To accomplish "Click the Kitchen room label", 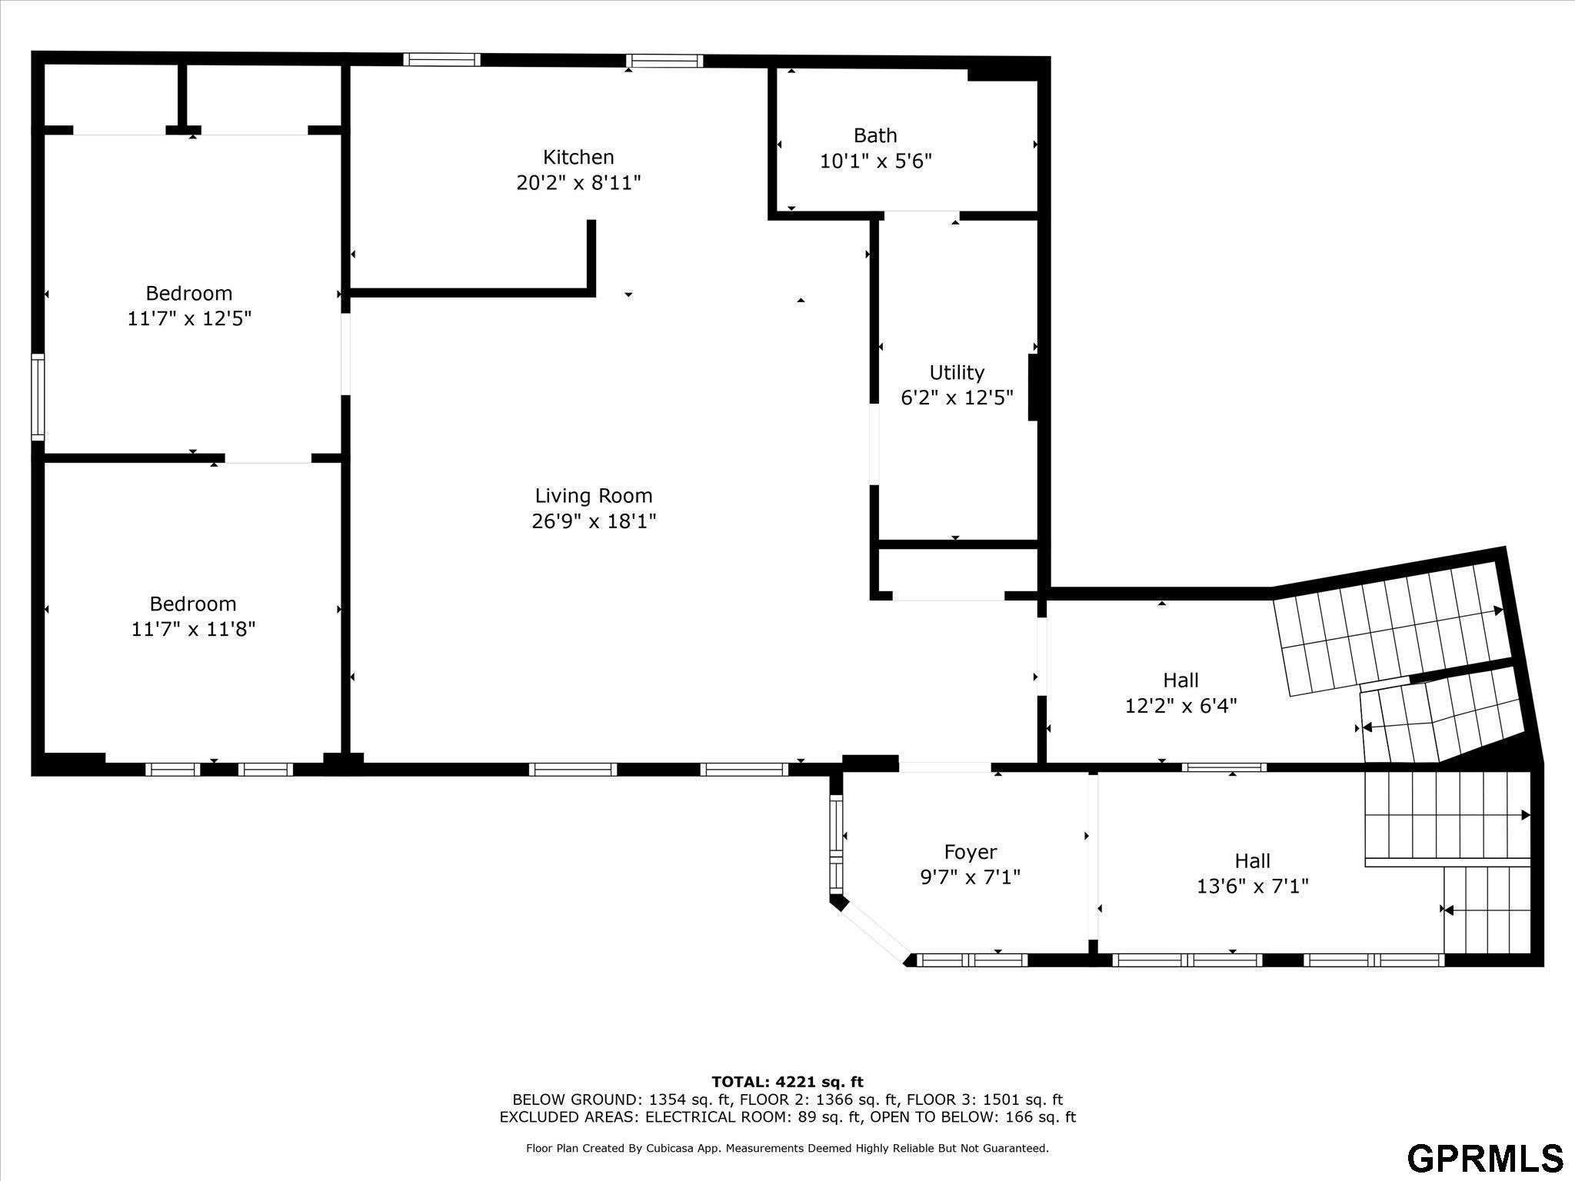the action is pyautogui.click(x=578, y=158).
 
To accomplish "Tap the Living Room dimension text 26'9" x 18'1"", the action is pyautogui.click(x=594, y=521).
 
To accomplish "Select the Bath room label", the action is pyautogui.click(x=875, y=136).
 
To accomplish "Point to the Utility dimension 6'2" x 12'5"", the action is pyautogui.click(x=957, y=398).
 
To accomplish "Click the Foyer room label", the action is pyautogui.click(x=971, y=852).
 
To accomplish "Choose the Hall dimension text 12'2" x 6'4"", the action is pyautogui.click(x=1180, y=705).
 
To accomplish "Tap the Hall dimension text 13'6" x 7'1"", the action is pyautogui.click(x=1252, y=887).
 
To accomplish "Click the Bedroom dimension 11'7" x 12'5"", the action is pyautogui.click(x=189, y=318).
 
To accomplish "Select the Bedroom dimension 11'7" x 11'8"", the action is pyautogui.click(x=193, y=629).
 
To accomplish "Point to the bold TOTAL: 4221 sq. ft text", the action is pyautogui.click(x=787, y=1082).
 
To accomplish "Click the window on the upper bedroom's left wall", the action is pyautogui.click(x=38, y=397).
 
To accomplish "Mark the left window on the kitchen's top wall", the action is pyautogui.click(x=441, y=60).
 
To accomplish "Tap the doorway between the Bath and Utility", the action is pyautogui.click(x=921, y=215).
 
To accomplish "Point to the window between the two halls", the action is pyautogui.click(x=1224, y=767).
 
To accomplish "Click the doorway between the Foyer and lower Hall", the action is pyautogui.click(x=1093, y=856).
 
